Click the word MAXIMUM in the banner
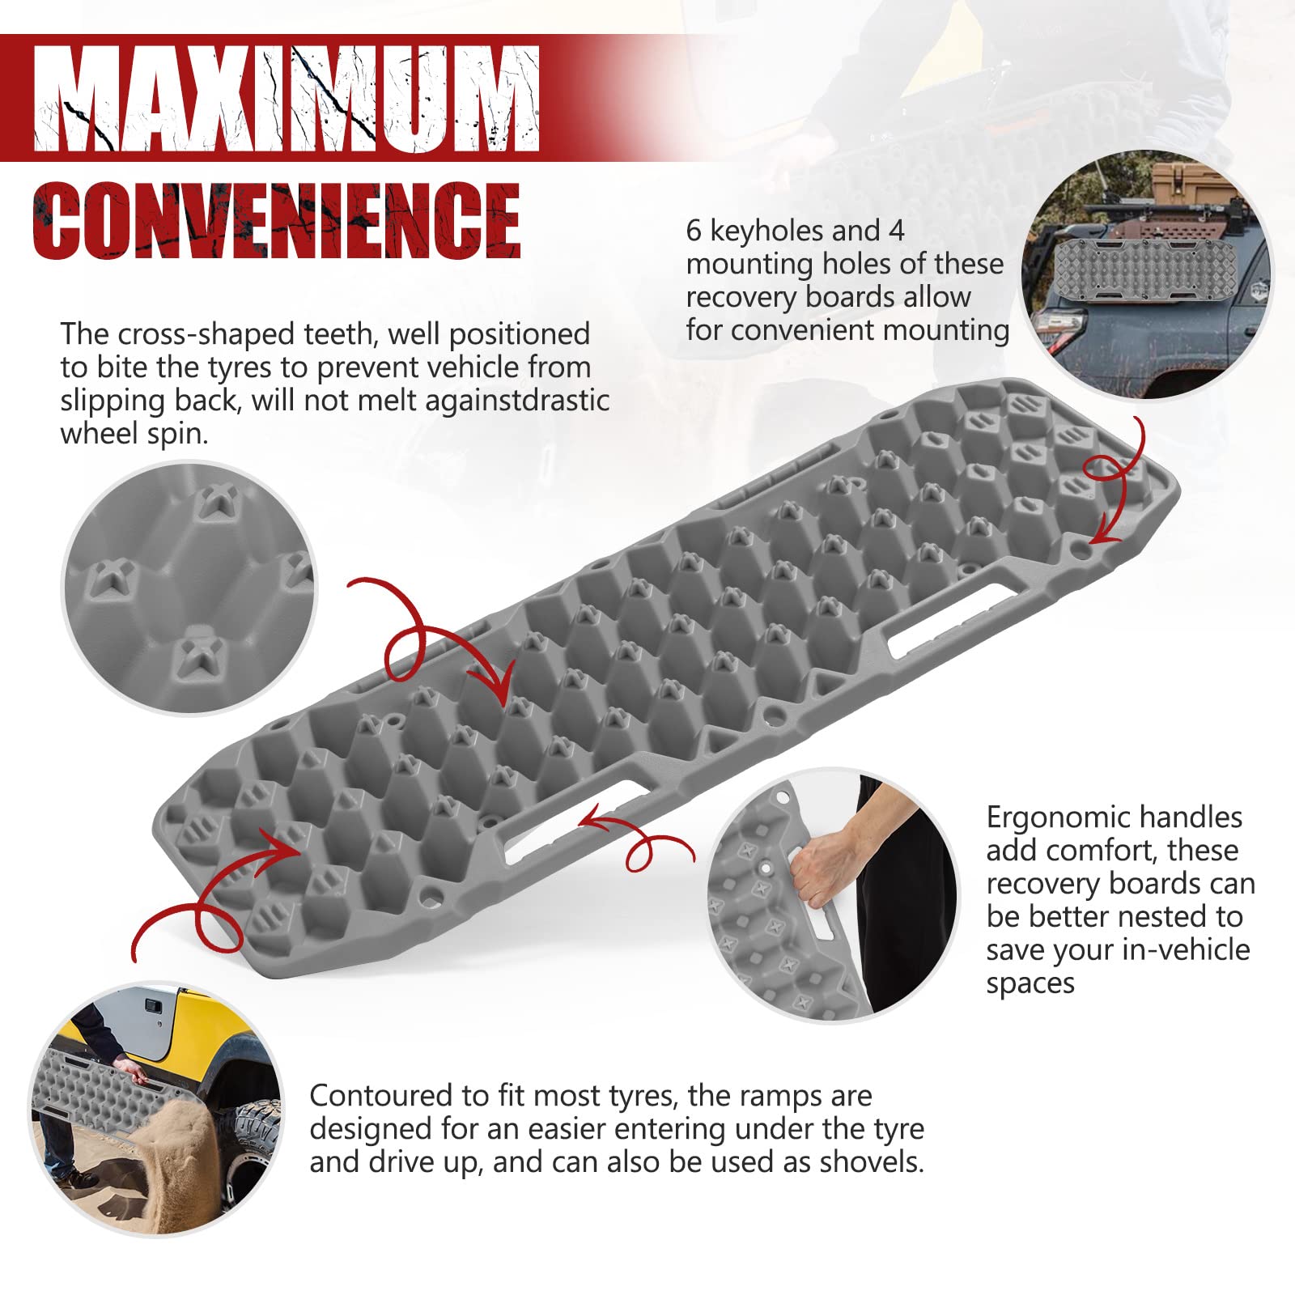click(x=287, y=99)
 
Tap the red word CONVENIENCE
click(x=276, y=220)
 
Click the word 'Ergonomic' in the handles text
click(x=1051, y=818)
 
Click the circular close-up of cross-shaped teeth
click(x=189, y=588)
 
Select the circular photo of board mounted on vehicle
click(x=1147, y=276)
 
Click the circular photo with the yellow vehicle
click(x=156, y=1110)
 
